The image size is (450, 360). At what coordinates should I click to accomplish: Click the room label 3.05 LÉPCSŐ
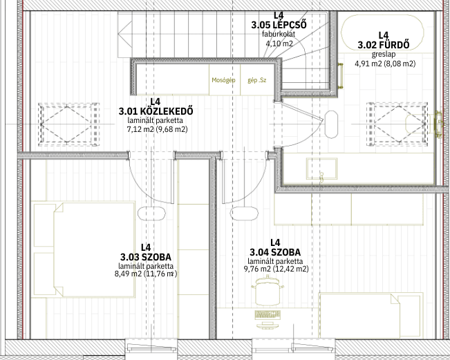point(279,25)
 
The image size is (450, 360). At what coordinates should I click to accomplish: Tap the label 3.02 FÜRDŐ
point(384,45)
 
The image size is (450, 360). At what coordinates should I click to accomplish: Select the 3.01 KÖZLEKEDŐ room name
point(156,111)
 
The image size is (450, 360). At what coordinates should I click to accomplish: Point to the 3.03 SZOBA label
point(146,257)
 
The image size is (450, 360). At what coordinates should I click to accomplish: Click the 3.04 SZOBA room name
point(275,252)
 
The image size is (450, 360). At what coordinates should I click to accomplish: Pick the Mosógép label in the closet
point(223,80)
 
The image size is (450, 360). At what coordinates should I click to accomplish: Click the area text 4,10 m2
point(279,44)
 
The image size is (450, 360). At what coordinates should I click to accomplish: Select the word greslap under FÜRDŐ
point(384,54)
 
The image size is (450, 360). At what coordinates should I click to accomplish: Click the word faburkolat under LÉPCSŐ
point(279,34)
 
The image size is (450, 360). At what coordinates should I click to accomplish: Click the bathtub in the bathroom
point(382,32)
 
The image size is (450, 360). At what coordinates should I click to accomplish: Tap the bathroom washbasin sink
point(321,169)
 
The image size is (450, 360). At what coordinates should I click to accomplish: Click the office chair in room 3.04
point(268,291)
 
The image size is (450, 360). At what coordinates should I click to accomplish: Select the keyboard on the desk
point(268,315)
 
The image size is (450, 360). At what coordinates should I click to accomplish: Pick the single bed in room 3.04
point(371,316)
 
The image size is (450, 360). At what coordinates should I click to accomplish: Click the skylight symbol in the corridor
point(68,124)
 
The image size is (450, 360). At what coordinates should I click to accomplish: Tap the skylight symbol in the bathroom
point(397,124)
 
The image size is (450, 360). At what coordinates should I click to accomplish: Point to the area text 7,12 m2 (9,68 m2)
point(158,130)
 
